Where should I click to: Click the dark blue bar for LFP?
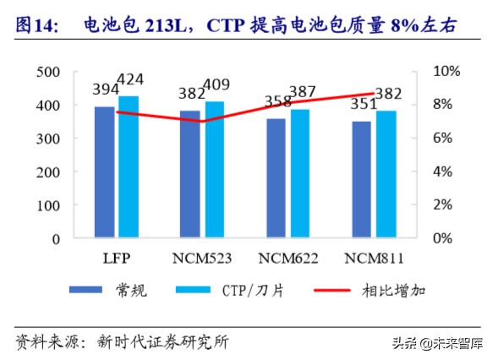pyautogui.click(x=104, y=173)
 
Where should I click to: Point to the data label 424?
pyautogui.click(x=130, y=81)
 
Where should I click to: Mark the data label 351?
pyautogui.click(x=361, y=104)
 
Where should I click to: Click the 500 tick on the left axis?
pyautogui.click(x=50, y=72)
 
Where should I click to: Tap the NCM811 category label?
pyautogui.click(x=373, y=257)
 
